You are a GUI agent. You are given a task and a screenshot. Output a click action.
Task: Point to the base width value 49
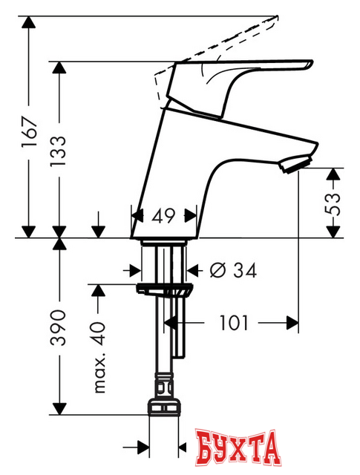pyautogui.click(x=164, y=216)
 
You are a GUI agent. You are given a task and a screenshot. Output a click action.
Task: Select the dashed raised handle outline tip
pyautogui.click(x=275, y=16)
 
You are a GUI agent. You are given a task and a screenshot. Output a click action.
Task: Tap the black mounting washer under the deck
pyautogui.click(x=164, y=288)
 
